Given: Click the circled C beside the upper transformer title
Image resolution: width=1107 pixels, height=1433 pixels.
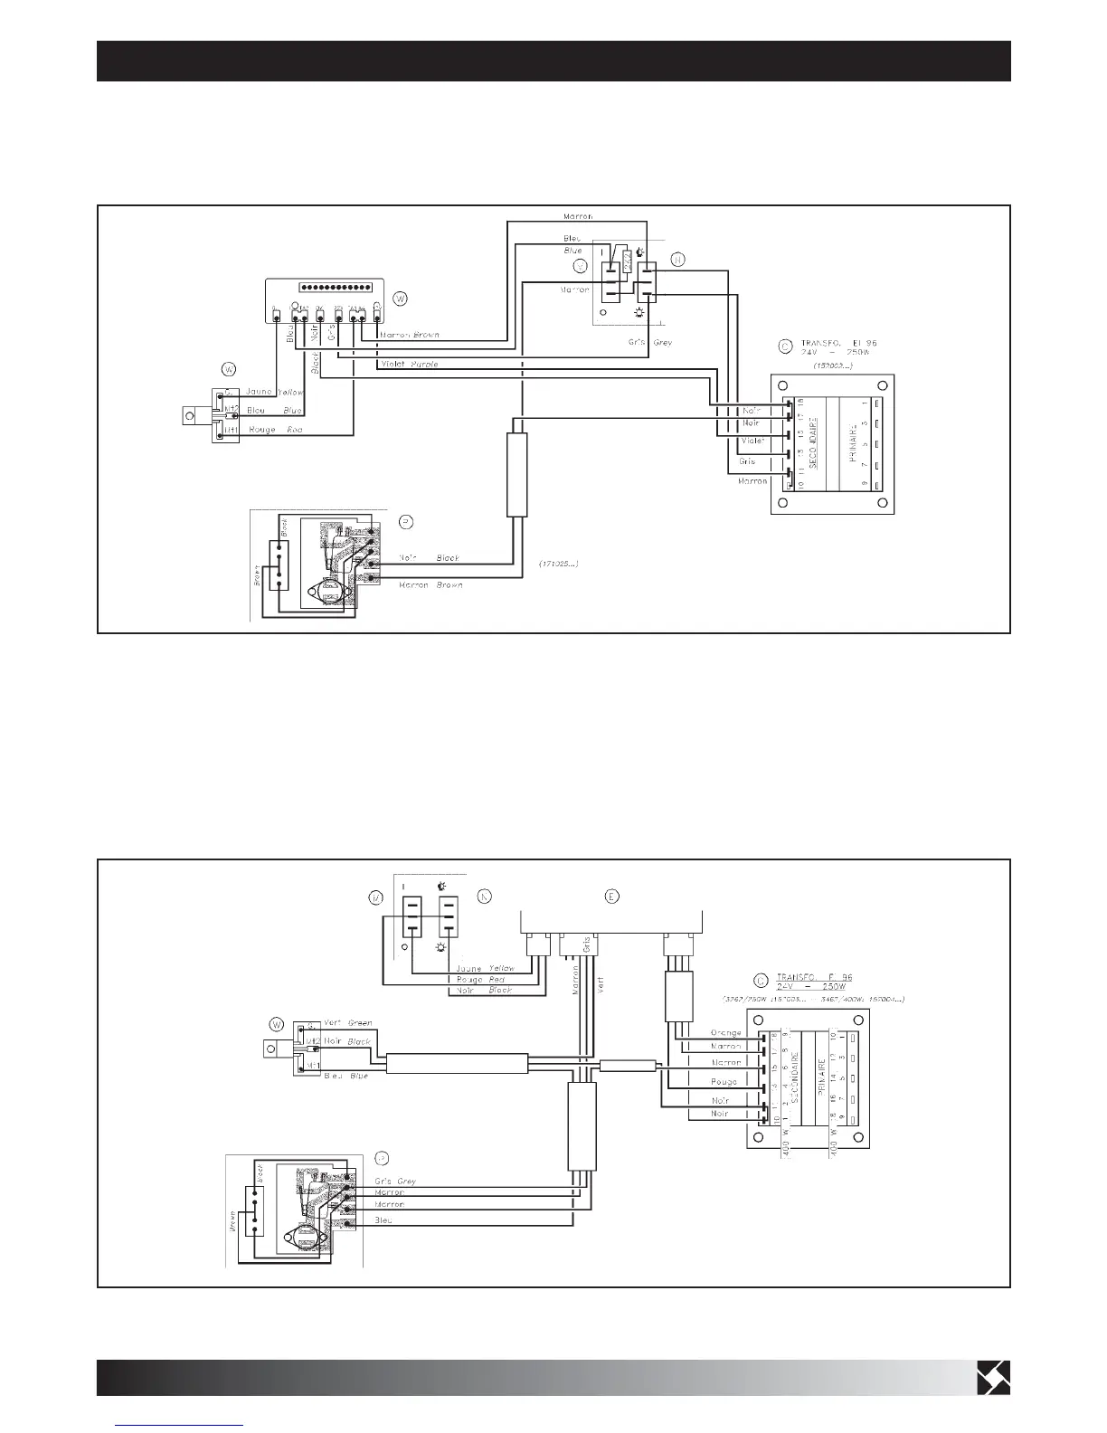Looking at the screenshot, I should [x=784, y=345].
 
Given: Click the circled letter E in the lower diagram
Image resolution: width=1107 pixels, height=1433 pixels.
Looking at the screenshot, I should [x=612, y=897].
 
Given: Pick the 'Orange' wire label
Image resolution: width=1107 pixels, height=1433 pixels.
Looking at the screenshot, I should [x=725, y=1032].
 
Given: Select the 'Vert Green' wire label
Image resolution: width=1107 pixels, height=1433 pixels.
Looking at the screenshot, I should [x=347, y=1023].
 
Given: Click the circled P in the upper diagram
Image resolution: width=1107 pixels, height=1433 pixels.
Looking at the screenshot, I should [x=407, y=522].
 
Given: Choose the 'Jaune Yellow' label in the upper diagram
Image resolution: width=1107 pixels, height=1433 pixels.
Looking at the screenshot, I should [x=275, y=393].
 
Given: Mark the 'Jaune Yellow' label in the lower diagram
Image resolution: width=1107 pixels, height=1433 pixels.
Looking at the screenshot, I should [x=486, y=968].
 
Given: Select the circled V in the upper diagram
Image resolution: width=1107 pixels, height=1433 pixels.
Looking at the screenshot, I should [x=581, y=266].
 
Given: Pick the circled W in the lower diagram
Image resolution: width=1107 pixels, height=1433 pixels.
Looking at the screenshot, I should [x=277, y=1025].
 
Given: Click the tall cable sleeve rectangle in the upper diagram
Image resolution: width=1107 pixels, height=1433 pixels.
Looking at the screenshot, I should [x=516, y=474].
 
